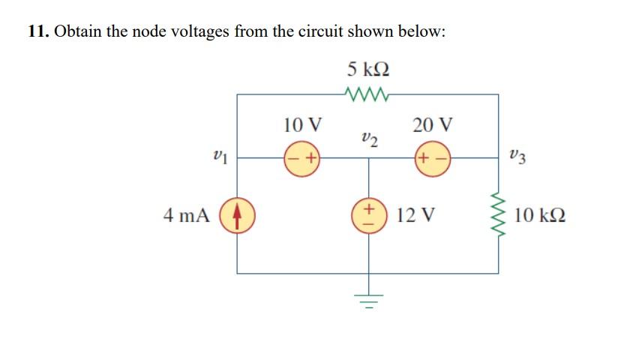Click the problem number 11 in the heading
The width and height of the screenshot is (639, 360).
point(37,32)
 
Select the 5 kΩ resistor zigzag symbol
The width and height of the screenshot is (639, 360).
point(368,94)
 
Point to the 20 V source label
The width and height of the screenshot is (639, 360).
point(433,124)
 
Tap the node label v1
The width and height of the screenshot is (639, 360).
point(217,157)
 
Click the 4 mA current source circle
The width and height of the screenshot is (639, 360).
point(238,217)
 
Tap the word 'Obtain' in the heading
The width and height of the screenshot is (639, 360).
point(77,32)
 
